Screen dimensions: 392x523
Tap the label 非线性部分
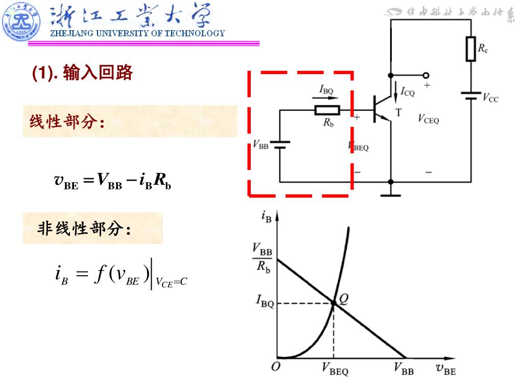[84, 229]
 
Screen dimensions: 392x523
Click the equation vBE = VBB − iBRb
[112, 181]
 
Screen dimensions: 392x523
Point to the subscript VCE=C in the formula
[172, 282]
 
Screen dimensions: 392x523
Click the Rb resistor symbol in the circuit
[327, 110]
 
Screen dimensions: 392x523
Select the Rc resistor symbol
[470, 49]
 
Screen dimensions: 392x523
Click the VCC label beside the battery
[490, 99]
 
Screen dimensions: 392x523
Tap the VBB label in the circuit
[260, 145]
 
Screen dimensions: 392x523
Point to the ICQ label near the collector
[408, 92]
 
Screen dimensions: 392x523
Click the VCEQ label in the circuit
[428, 120]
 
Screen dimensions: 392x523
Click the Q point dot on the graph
[334, 303]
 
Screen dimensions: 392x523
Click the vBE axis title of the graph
[445, 369]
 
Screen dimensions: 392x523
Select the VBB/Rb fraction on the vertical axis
[263, 258]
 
